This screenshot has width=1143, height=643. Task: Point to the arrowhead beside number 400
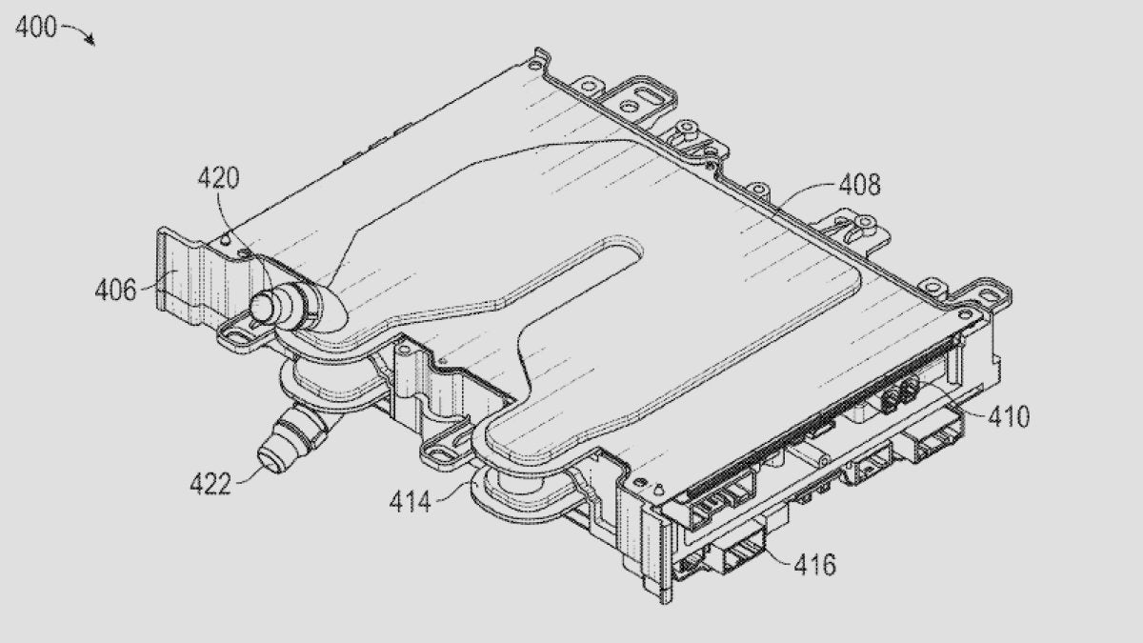[90, 42]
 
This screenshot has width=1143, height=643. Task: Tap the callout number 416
[814, 565]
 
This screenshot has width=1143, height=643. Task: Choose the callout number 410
[1007, 416]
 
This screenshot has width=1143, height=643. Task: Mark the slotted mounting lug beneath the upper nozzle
[233, 332]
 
